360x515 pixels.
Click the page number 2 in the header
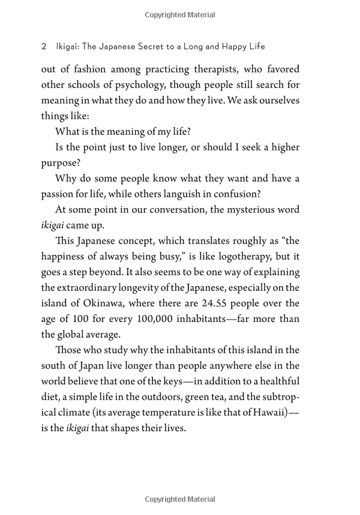[x=44, y=46]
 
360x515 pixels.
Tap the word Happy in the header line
[x=227, y=46]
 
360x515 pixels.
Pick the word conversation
[x=175, y=209]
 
